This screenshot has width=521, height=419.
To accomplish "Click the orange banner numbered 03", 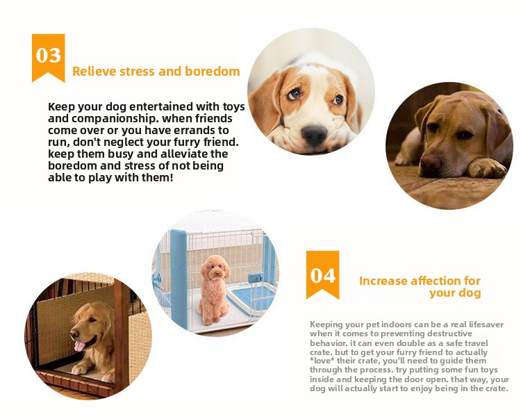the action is pos(48,56).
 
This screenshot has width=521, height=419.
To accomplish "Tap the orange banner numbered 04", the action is pos(322,274).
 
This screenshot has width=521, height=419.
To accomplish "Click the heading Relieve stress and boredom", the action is pos(156,72).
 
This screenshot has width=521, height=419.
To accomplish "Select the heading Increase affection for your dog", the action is pos(420,287).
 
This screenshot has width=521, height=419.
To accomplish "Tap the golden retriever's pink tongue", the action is pos(80,346).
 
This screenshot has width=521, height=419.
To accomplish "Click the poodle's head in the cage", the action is pos(215,268).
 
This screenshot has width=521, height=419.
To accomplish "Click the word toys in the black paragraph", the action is pos(233,106).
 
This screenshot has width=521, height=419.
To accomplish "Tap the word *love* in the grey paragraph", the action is pos(322,361).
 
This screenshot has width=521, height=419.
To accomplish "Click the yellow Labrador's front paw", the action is pos(488,167).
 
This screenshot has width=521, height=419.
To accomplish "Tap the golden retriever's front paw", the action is pos(80,369).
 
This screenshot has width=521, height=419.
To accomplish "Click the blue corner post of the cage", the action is pos(179,279).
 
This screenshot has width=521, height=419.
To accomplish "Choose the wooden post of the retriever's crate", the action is pos(121,336).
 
